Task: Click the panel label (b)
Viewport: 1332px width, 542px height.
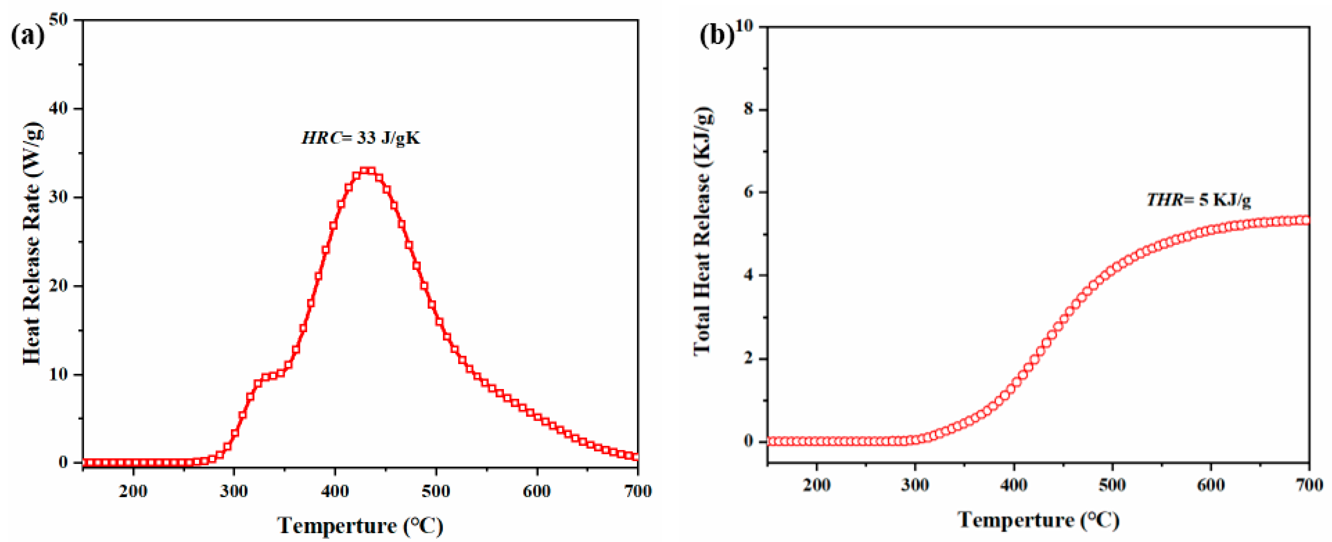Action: pyautogui.click(x=716, y=36)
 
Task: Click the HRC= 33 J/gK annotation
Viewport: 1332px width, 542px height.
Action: pyautogui.click(x=361, y=138)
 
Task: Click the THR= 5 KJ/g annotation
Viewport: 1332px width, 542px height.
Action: pyautogui.click(x=1199, y=199)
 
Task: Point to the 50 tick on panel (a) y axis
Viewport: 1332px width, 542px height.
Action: pyautogui.click(x=58, y=19)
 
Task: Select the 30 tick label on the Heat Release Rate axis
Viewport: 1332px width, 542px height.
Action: pyautogui.click(x=58, y=197)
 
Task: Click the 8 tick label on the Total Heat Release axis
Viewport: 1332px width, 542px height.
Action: pyautogui.click(x=748, y=110)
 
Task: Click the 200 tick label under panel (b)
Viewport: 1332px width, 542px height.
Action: pyautogui.click(x=816, y=485)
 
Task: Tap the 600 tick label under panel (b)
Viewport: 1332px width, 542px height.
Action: pyautogui.click(x=1210, y=485)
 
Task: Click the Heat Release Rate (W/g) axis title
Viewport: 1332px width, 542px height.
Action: pyautogui.click(x=32, y=243)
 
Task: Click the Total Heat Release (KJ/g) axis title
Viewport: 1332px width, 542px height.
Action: pyautogui.click(x=702, y=231)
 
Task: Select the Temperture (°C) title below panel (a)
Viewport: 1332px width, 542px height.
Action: pyautogui.click(x=360, y=525)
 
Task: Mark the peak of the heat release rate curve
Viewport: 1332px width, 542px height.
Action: pyautogui.click(x=367, y=171)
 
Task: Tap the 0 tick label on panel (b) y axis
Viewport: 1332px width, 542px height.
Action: pyautogui.click(x=748, y=441)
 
